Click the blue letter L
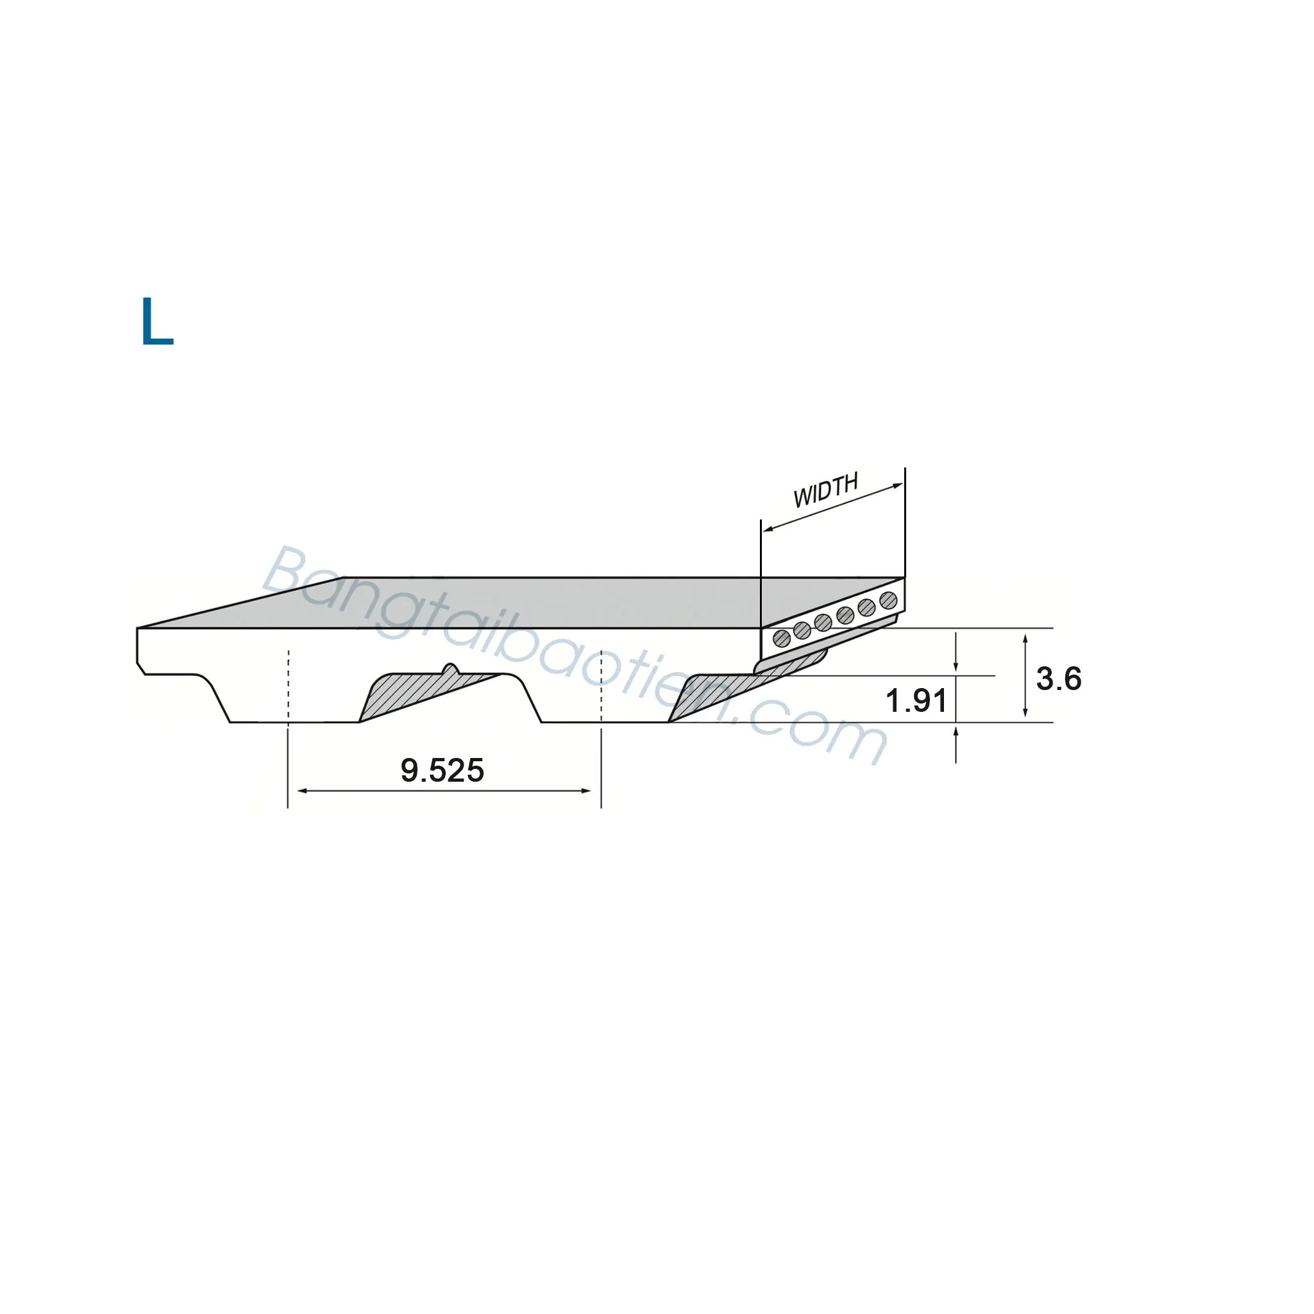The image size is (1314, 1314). (157, 321)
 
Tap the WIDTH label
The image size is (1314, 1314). (826, 490)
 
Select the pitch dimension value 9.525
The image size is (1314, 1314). (442, 771)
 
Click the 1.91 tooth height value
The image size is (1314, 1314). (916, 700)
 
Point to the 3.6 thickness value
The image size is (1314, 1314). (1058, 678)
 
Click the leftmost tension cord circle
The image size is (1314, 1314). (782, 638)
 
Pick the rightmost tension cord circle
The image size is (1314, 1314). (888, 600)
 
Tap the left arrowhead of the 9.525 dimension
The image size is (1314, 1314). (303, 791)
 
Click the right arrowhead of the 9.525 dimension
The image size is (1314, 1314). (585, 791)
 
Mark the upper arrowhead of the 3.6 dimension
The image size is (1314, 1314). (1025, 639)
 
